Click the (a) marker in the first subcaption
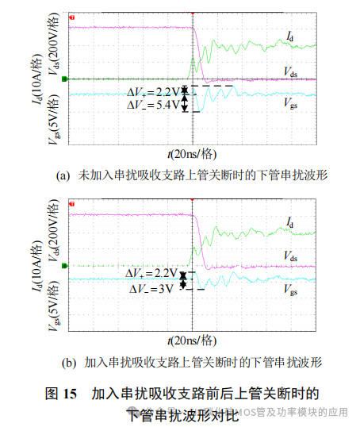(x=64, y=175)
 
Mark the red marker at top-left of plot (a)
(x=72, y=17)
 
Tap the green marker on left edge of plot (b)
(x=65, y=265)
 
